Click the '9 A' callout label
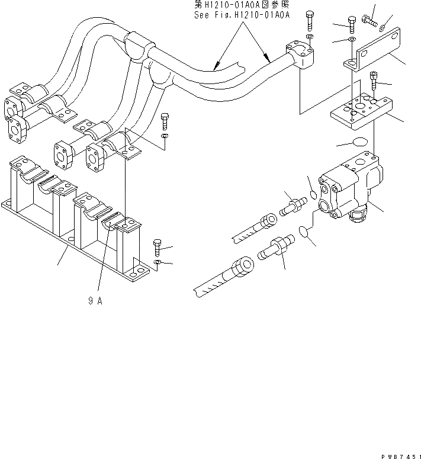coord(95,300)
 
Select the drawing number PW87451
coord(398,454)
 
